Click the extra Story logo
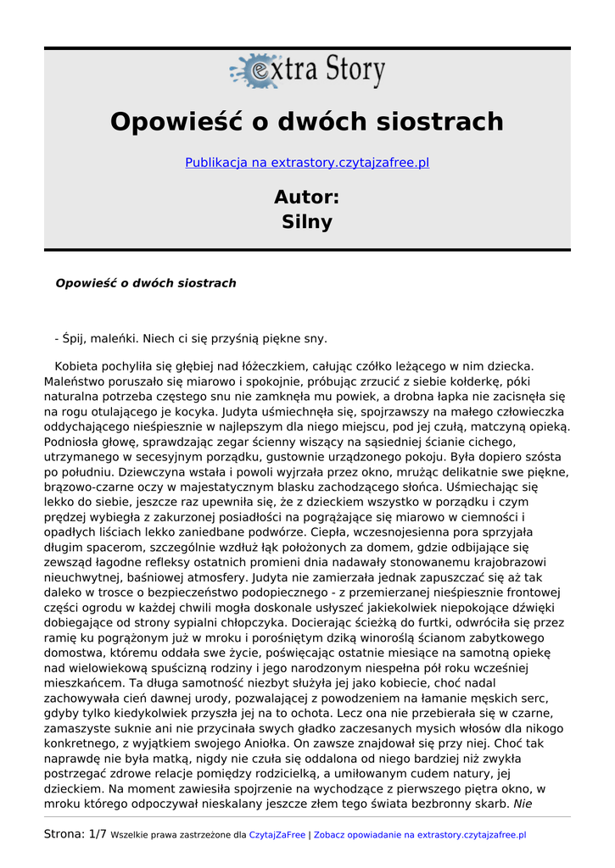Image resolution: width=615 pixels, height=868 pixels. click(307, 71)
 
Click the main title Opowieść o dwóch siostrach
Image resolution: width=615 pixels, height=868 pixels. click(307, 122)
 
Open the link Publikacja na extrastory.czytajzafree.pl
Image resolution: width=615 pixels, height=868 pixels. click(307, 162)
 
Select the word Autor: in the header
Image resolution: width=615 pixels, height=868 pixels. click(307, 198)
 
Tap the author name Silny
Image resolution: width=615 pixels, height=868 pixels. click(307, 222)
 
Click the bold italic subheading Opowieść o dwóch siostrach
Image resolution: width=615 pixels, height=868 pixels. click(146, 283)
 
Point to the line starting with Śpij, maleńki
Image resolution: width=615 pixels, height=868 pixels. click(191, 339)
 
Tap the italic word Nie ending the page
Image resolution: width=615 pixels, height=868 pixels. click(523, 803)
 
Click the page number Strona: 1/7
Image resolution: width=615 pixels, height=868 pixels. click(75, 834)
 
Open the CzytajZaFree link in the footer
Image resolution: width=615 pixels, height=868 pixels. click(277, 835)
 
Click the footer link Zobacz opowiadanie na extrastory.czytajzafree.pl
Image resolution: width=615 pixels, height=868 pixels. click(420, 835)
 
